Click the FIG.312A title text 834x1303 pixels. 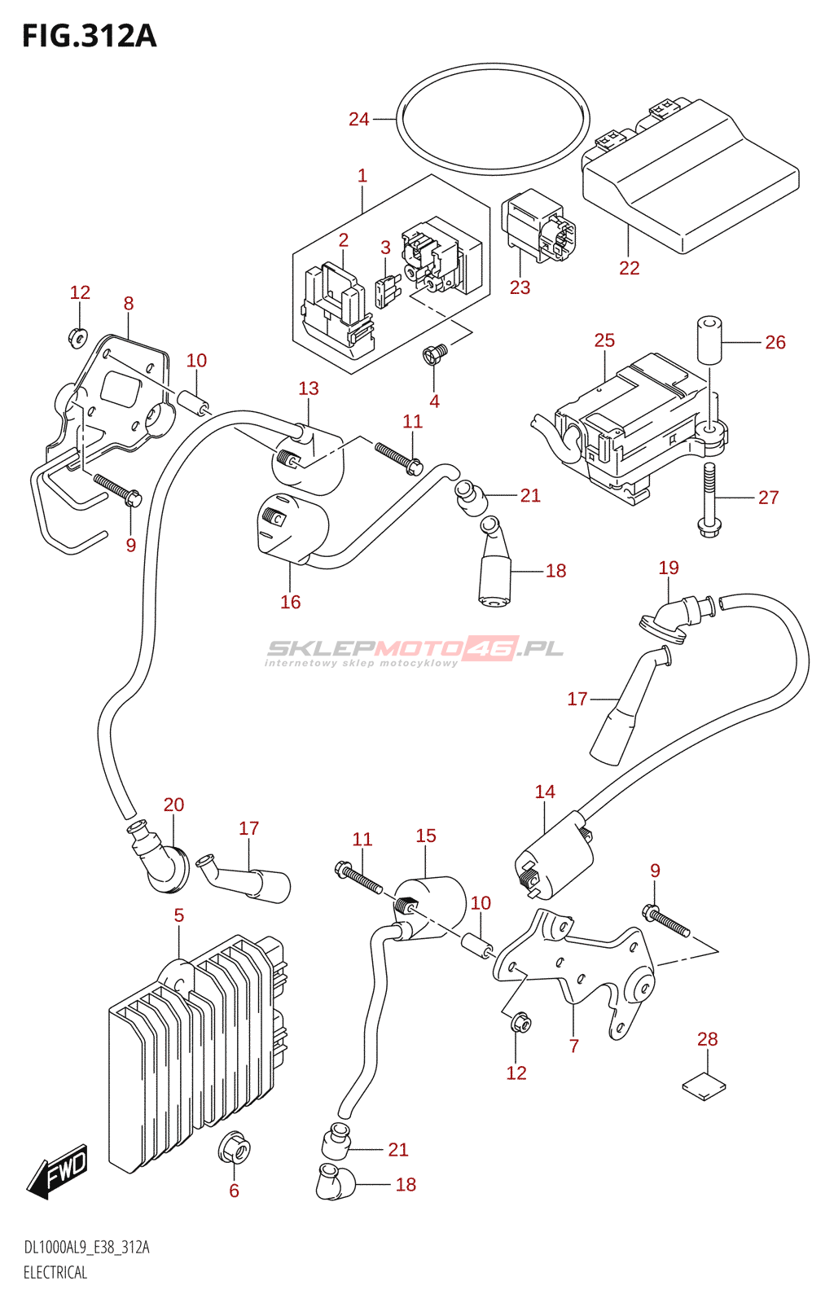click(x=89, y=37)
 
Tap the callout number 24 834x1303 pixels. click(x=359, y=120)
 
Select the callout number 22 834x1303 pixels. click(x=630, y=268)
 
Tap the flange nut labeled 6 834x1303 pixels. click(x=234, y=1149)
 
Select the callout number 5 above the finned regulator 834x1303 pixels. click(x=179, y=916)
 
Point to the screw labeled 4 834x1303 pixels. click(x=435, y=353)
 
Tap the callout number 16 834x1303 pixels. click(x=291, y=602)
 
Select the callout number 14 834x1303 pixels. click(x=545, y=792)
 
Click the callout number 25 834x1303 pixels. click(x=604, y=340)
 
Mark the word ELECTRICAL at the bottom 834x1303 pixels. click(x=55, y=1273)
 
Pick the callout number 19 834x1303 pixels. click(x=669, y=568)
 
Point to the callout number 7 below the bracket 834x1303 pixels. click(x=574, y=1046)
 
